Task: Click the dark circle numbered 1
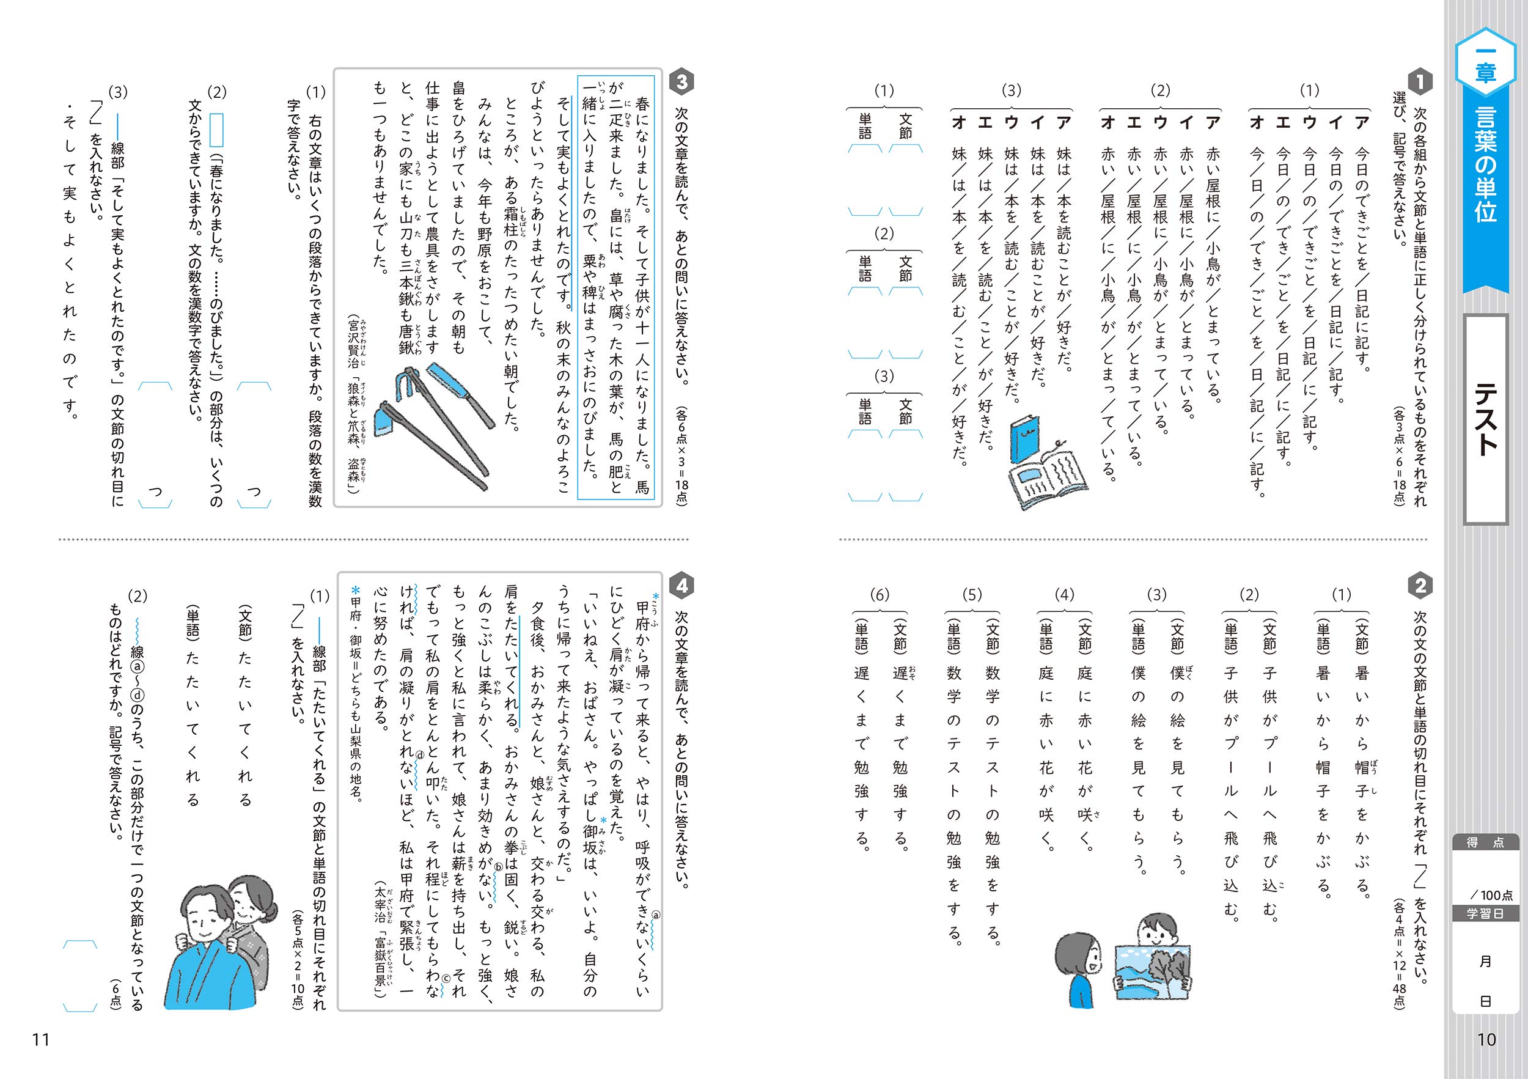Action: coord(1420,82)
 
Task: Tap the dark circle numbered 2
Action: coord(1420,586)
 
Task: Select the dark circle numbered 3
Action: coord(681,82)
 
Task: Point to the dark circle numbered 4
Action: coord(681,586)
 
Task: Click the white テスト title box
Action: coord(1485,419)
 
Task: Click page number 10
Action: coord(1486,1040)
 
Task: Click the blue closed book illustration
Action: coord(1024,439)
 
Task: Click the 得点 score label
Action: coord(1485,842)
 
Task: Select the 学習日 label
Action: coord(1485,913)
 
